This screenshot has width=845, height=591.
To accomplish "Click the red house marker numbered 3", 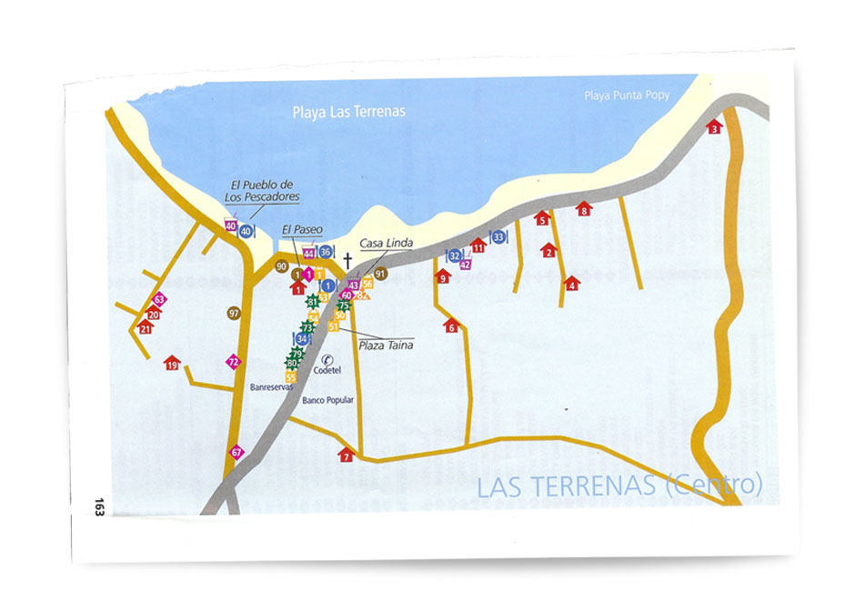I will point(714,126).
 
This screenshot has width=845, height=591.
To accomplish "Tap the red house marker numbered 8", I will point(584,209).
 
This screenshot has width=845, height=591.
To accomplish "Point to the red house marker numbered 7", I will point(346,455).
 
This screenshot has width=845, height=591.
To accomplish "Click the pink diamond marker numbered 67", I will point(236,452).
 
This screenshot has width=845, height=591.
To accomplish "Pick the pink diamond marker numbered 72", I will point(233,362).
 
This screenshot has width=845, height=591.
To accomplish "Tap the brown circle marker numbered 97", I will point(234,313).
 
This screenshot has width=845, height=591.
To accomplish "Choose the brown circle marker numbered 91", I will point(380,273).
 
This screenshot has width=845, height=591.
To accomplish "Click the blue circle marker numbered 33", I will point(498,237).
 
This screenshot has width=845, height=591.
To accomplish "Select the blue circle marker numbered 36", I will point(326,251).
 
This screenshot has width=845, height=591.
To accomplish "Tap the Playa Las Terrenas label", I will point(348,112).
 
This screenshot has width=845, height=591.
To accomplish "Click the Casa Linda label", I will point(386,243).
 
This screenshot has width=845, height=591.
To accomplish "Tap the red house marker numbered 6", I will point(451,326).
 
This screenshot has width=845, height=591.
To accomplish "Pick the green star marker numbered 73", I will point(308,326).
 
